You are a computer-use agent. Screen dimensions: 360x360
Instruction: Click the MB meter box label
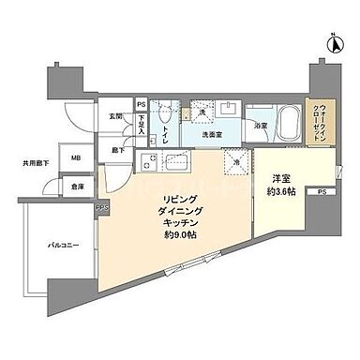(x=77, y=157)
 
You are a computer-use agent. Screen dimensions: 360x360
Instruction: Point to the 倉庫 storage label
(x=77, y=185)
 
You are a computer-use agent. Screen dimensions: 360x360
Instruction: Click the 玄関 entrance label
(x=114, y=114)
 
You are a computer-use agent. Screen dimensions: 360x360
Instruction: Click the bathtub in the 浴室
(x=278, y=121)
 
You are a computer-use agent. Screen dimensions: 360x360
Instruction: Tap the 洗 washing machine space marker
(x=202, y=114)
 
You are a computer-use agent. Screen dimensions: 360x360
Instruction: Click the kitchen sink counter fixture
(x=165, y=166)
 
